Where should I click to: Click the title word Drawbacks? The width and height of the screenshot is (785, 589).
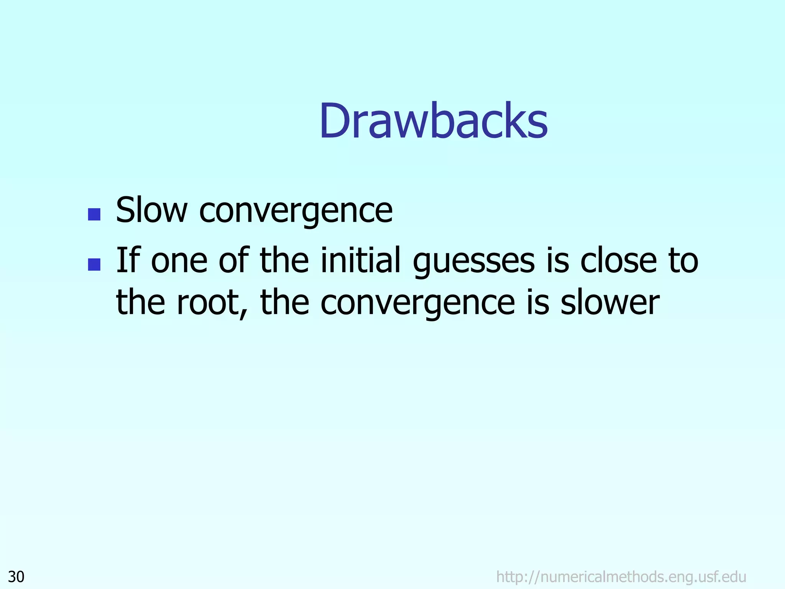click(x=433, y=121)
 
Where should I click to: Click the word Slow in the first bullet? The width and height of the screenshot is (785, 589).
click(x=152, y=210)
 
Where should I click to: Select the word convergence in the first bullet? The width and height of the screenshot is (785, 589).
click(x=296, y=211)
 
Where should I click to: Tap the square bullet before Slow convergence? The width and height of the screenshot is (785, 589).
click(x=94, y=214)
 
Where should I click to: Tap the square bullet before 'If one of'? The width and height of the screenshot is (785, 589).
click(x=94, y=264)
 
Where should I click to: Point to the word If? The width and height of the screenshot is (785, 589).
click(x=126, y=260)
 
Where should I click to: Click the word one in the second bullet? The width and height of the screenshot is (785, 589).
click(x=179, y=261)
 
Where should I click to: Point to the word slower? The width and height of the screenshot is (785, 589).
click(x=610, y=302)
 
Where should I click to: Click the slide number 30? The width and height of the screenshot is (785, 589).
click(x=16, y=577)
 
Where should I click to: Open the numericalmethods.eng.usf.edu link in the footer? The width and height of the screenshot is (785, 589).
click(x=621, y=577)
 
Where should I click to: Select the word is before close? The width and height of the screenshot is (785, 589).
click(x=558, y=260)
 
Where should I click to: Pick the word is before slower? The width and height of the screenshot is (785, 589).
click(x=538, y=302)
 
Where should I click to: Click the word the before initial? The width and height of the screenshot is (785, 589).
click(x=284, y=260)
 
